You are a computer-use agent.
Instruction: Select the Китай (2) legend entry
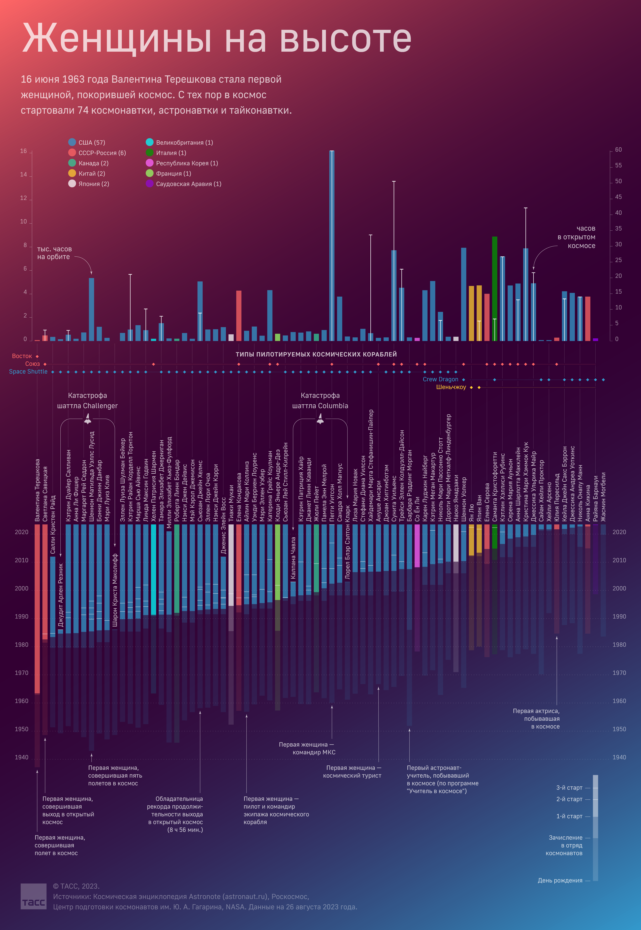tap(86, 173)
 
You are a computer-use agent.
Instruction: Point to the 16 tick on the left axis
tap(23, 151)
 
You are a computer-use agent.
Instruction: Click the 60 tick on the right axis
tap(618, 150)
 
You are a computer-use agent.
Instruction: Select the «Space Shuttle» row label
tap(28, 372)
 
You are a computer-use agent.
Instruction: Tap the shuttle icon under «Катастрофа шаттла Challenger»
tap(88, 419)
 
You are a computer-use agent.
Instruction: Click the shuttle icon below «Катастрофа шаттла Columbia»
tap(320, 419)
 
